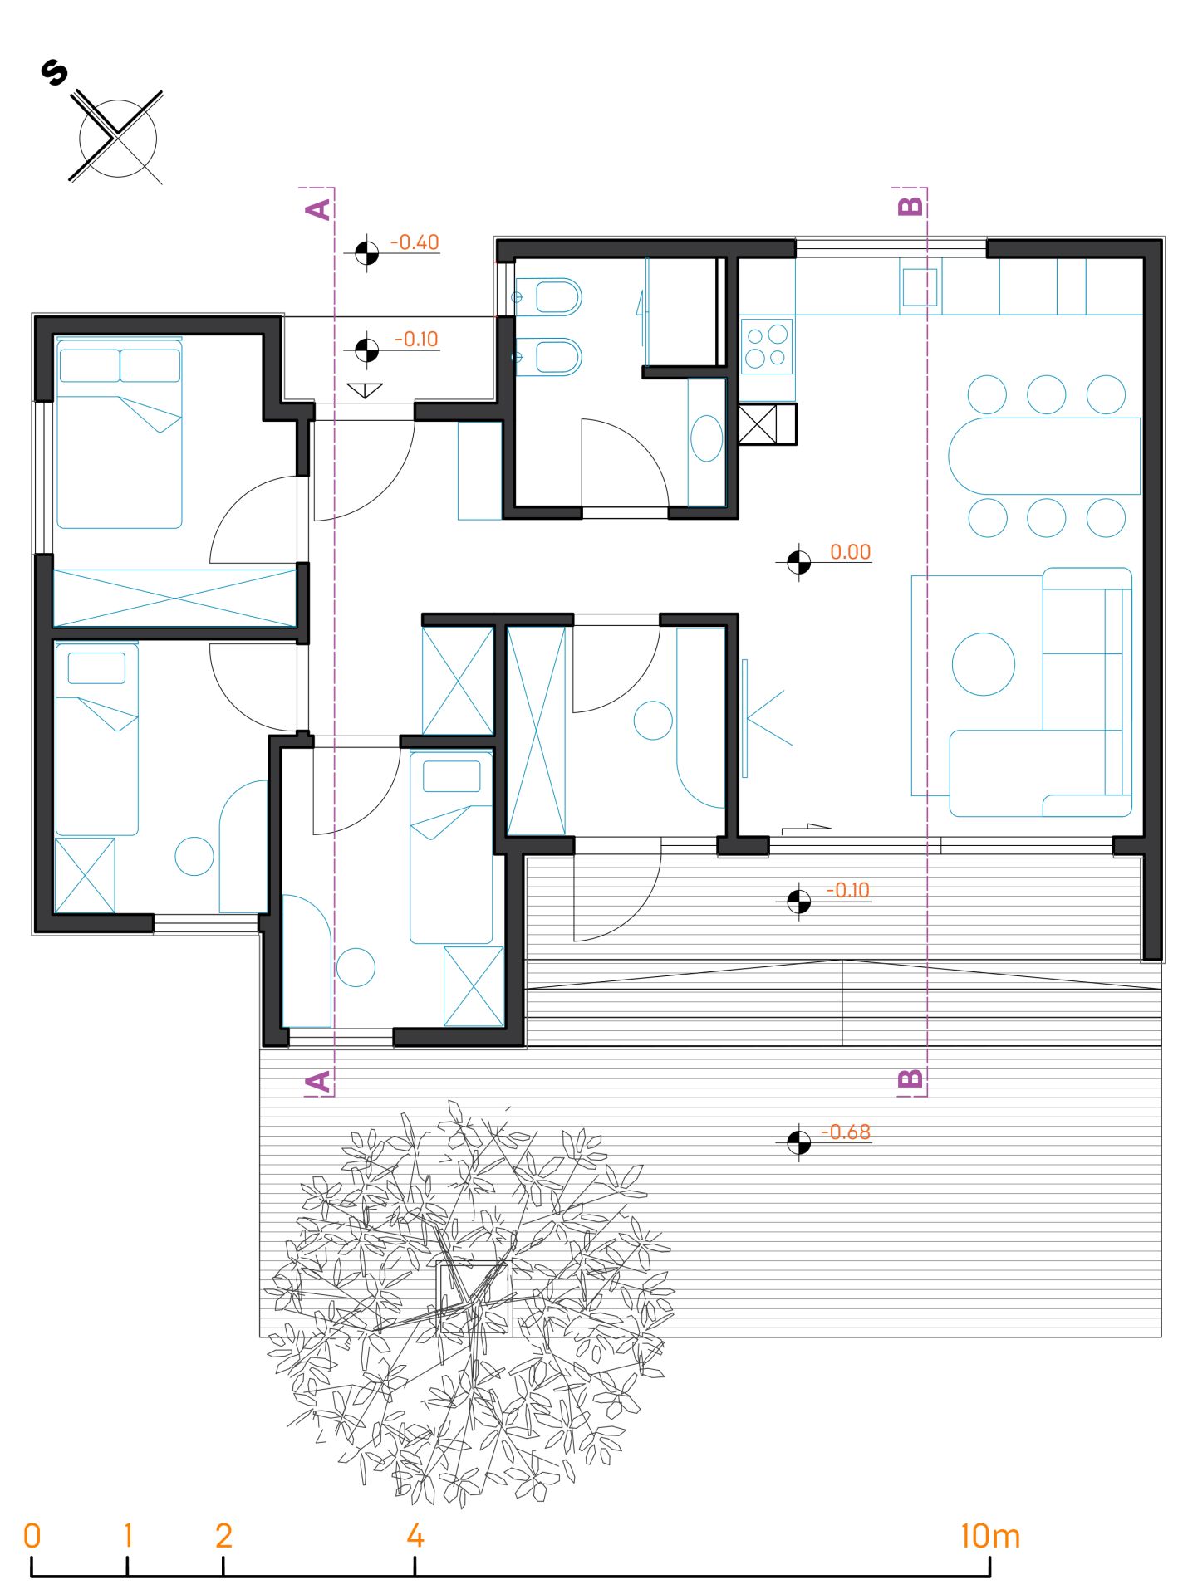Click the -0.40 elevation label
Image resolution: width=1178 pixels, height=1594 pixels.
click(x=415, y=242)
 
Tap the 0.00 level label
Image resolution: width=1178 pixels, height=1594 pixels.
click(x=851, y=552)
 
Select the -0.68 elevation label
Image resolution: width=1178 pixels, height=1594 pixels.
click(x=846, y=1132)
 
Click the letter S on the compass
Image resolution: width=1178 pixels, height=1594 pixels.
click(x=55, y=73)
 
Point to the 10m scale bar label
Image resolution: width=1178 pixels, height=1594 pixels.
click(x=990, y=1536)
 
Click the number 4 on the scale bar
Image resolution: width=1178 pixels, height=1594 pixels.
click(x=415, y=1536)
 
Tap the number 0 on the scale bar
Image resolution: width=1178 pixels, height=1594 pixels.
click(x=32, y=1536)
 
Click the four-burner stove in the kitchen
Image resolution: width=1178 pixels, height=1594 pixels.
click(x=767, y=346)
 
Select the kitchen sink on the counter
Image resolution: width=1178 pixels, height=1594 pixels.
click(x=920, y=286)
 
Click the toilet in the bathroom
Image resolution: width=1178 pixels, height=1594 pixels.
click(x=549, y=296)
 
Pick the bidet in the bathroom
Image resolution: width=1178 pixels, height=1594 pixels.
click(x=549, y=357)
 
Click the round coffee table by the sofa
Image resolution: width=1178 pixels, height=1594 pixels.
click(x=984, y=664)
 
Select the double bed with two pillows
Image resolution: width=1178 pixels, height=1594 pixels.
click(x=119, y=433)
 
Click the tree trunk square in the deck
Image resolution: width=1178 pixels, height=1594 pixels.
click(x=474, y=1298)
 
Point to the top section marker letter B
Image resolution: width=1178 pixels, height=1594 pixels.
click(x=910, y=205)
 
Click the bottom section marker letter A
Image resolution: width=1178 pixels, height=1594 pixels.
click(x=318, y=1081)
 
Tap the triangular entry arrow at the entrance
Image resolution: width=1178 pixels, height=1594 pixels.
click(x=364, y=390)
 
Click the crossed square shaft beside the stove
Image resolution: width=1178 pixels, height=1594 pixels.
click(x=767, y=423)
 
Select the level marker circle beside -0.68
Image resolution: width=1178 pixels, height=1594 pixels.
click(x=798, y=1142)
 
